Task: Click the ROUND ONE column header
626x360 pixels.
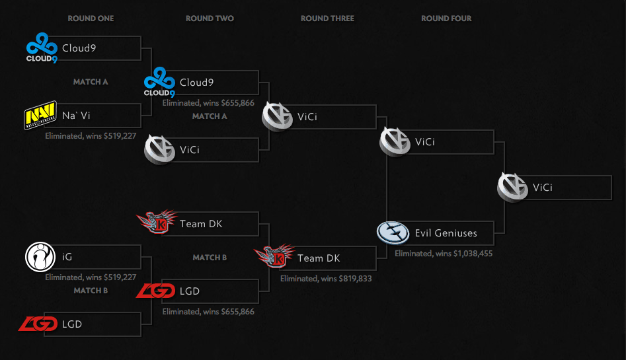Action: [91, 18]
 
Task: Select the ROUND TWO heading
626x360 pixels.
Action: [210, 18]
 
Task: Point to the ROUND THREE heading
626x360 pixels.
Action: [327, 18]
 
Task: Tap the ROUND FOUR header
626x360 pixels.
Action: [446, 18]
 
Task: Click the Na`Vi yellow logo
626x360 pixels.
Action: [39, 116]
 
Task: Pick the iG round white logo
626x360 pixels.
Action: [39, 257]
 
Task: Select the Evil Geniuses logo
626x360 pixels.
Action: [392, 233]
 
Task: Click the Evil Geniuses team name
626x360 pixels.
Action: [446, 233]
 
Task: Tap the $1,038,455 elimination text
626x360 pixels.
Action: [444, 253]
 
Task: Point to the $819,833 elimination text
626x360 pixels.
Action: [326, 279]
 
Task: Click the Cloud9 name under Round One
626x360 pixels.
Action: [79, 48]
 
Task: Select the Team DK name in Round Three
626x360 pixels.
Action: [319, 258]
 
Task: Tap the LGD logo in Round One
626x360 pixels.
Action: [38, 324]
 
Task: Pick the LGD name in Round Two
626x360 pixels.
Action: [189, 291]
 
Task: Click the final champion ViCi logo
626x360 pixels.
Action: [513, 188]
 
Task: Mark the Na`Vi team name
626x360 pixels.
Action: [76, 116]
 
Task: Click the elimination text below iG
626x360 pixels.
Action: [91, 277]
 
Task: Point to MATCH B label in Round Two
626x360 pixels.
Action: [210, 258]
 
